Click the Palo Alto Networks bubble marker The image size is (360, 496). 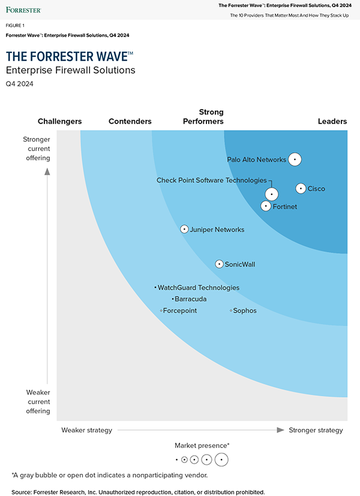click(295, 160)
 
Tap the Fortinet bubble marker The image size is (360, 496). click(266, 206)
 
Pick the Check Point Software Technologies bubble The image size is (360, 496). click(272, 194)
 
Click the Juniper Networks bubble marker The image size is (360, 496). click(185, 229)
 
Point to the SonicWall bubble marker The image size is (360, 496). click(220, 264)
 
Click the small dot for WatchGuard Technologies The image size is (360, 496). click(155, 288)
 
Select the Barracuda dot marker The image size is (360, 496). click(172, 299)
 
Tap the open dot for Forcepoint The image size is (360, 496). click(161, 311)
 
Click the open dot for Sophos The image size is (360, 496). click(231, 311)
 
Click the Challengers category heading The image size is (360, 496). click(59, 122)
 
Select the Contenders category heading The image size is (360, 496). click(130, 122)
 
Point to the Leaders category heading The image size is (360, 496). click(332, 122)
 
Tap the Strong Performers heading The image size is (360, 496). click(203, 117)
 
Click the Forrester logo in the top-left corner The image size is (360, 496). click(24, 10)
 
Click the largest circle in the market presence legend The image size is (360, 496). click(222, 460)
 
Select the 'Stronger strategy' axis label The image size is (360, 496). click(316, 430)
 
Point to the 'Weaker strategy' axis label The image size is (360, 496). click(86, 430)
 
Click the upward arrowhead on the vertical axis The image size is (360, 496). click(47, 172)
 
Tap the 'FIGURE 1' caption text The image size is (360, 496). click(15, 26)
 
